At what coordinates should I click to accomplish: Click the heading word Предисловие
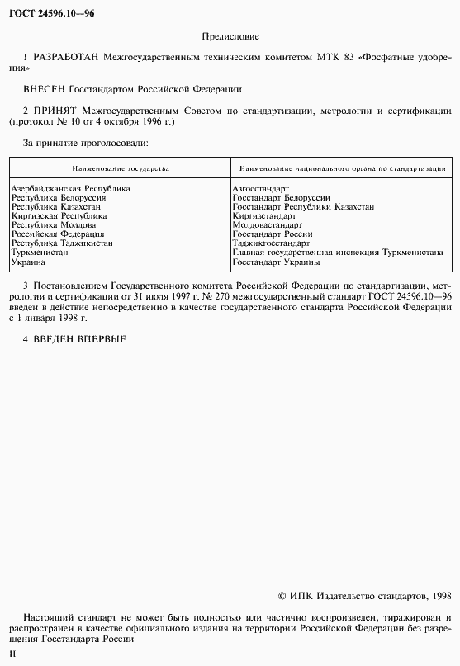coord(230,37)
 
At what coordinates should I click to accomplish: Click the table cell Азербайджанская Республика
coord(70,189)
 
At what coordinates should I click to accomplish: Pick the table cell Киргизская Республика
coord(59,216)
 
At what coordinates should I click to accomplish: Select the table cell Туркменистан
coord(40,253)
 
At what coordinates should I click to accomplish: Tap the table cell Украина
coord(28,262)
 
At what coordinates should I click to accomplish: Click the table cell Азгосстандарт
coord(261,189)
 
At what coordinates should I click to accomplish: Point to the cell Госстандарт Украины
coord(276,262)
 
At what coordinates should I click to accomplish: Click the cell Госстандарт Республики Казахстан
coord(303,207)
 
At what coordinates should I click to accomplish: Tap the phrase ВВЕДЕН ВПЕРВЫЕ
coord(79,339)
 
